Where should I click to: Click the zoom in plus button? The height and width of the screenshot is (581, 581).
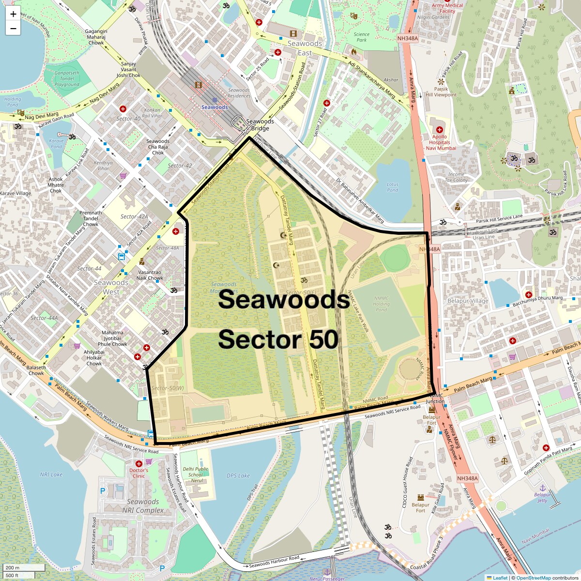13,14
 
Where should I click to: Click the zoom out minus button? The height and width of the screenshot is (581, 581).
13,29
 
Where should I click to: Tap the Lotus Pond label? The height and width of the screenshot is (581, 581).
392,187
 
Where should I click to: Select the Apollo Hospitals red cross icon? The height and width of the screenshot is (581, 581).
439,130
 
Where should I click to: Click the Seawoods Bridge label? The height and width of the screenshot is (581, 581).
260,125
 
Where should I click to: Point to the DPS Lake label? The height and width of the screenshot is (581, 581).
238,476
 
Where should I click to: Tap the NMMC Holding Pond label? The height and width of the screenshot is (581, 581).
381,304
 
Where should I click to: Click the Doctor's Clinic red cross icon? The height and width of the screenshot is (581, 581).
138,463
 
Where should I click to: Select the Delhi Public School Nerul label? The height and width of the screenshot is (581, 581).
196,474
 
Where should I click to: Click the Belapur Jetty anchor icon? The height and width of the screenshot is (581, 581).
543,488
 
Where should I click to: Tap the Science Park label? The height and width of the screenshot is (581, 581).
361,37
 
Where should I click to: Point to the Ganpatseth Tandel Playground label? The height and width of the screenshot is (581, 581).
67,78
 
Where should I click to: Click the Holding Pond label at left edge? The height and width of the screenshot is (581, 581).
13,102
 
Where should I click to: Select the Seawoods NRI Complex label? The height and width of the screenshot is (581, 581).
143,506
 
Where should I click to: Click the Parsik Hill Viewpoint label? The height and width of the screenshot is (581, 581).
441,92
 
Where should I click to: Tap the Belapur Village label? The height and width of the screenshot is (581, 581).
468,301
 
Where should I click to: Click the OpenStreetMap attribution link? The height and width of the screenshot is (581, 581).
533,578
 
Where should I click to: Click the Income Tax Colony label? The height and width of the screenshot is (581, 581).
456,177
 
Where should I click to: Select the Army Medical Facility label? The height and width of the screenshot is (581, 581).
447,8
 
